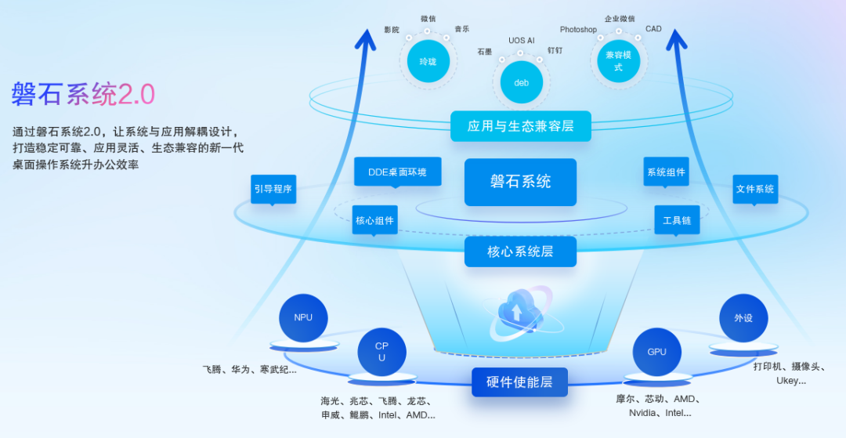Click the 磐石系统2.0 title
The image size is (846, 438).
point(83,94)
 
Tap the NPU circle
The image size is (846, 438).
point(303,317)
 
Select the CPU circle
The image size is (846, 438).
point(381,352)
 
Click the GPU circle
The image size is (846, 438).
point(656,352)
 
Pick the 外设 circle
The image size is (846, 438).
point(743,318)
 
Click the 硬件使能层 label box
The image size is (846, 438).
point(519,382)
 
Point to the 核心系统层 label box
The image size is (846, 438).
point(520,252)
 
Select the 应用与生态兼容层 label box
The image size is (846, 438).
point(520,126)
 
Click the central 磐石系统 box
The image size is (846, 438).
point(520,182)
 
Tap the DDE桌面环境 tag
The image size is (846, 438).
point(397,172)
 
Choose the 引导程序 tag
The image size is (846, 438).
point(273,189)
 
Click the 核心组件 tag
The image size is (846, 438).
point(374,220)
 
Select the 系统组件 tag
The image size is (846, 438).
point(666,172)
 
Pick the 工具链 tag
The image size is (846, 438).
point(677,220)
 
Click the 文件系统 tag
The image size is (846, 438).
point(755,189)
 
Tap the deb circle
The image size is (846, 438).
point(521,82)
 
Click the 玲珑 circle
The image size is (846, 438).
point(428,61)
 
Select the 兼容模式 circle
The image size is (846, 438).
point(618,61)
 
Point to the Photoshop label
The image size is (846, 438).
point(578,30)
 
